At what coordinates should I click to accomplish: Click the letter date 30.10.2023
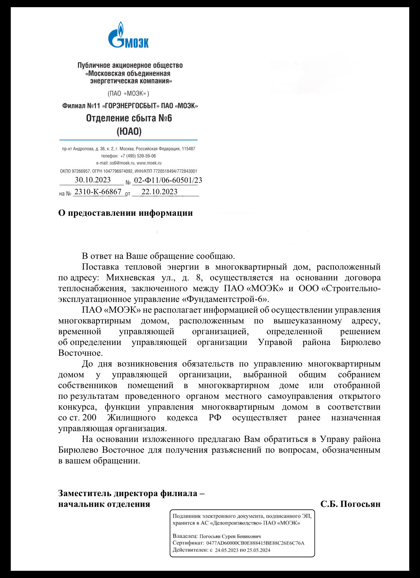(93, 180)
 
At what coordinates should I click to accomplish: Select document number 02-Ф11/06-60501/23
(168, 180)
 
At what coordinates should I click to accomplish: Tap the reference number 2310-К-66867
(98, 192)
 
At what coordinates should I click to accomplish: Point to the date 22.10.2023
(159, 192)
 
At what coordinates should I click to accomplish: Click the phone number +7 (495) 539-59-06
(138, 156)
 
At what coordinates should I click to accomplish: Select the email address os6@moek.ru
(122, 163)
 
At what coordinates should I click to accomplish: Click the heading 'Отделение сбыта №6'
(129, 118)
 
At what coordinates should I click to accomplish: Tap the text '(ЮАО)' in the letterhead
(129, 131)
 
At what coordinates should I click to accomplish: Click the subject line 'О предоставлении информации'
(125, 213)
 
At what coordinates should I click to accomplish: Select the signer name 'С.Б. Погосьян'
(350, 504)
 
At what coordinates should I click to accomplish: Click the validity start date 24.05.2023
(227, 550)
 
